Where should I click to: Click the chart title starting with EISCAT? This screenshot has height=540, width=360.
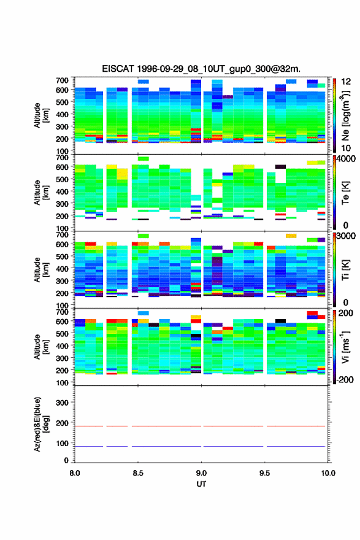click(x=201, y=69)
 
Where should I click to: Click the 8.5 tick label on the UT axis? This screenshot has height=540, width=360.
click(x=138, y=473)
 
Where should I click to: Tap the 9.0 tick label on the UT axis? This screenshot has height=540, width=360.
click(x=201, y=473)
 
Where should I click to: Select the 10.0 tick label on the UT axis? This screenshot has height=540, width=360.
click(x=328, y=473)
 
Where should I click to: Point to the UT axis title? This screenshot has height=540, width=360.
click(x=201, y=484)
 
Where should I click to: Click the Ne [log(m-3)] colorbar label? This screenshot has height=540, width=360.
click(x=345, y=115)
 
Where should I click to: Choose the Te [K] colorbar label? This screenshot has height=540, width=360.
click(x=345, y=193)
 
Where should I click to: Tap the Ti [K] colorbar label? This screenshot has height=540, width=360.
click(x=345, y=270)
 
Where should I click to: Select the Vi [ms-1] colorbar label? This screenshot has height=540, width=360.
click(x=345, y=347)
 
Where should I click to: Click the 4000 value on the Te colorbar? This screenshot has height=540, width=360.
click(x=346, y=159)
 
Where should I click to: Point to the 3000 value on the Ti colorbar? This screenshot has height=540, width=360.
click(x=346, y=236)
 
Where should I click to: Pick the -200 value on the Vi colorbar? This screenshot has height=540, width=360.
click(x=345, y=379)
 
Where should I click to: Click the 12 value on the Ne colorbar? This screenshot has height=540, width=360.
click(x=346, y=82)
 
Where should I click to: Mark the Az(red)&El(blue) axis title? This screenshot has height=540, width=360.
click(x=41, y=424)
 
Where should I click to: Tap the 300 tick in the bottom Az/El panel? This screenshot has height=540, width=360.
click(x=63, y=403)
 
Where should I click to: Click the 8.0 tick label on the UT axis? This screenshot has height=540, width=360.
click(x=75, y=473)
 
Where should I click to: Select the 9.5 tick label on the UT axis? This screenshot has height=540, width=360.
click(x=265, y=473)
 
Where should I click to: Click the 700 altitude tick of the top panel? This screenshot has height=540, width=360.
click(x=63, y=80)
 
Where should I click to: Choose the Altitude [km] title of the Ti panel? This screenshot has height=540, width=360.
click(x=41, y=270)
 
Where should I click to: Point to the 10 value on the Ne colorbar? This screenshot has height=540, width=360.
click(x=346, y=148)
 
